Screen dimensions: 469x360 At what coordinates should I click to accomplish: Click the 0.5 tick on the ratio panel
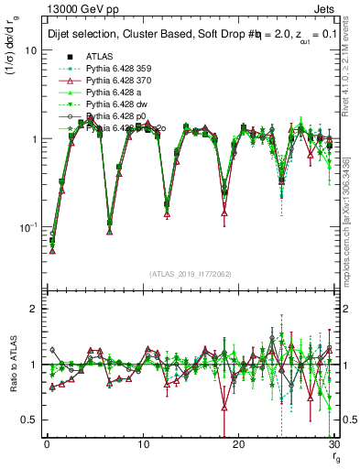(x=29, y=420)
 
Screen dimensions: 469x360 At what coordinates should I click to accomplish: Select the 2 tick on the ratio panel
(x=34, y=310)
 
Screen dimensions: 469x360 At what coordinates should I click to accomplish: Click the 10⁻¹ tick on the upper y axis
(x=27, y=226)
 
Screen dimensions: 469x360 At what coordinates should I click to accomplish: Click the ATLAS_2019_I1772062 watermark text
(x=191, y=274)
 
